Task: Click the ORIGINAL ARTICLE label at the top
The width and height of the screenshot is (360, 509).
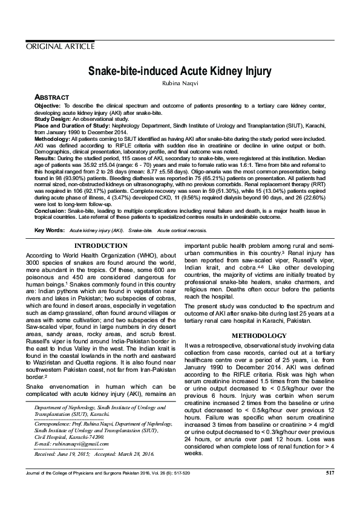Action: [59, 46]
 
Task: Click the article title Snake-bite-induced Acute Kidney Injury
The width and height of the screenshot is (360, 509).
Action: [179, 70]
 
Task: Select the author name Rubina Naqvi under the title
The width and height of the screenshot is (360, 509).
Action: [179, 83]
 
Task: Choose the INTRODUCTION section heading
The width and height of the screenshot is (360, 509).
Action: [100, 246]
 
